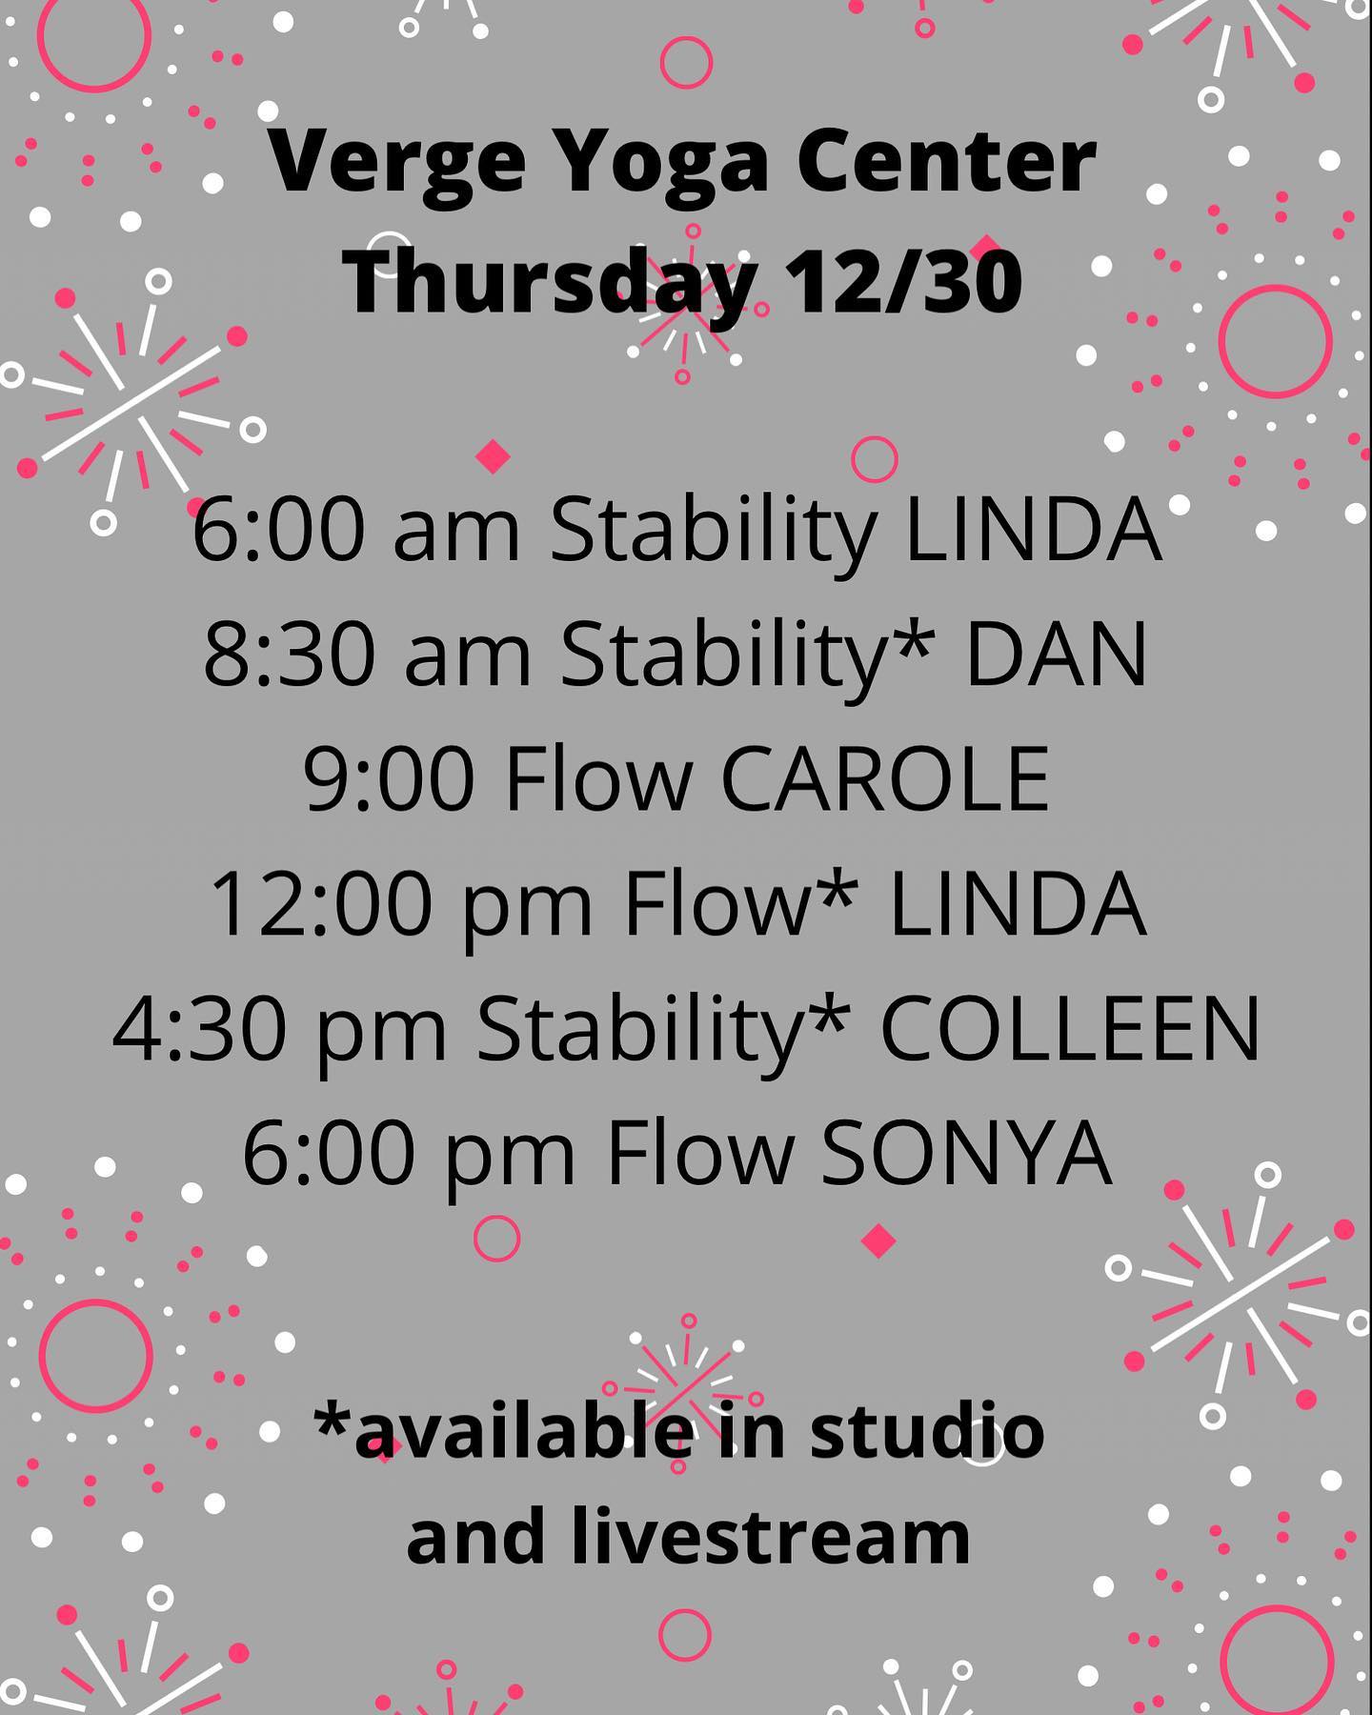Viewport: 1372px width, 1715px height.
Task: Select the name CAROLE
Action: coord(886,780)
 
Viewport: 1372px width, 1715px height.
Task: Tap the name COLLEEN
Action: coord(1070,1029)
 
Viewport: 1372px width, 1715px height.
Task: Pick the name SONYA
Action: coord(966,1154)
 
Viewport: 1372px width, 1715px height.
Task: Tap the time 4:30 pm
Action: coord(280,1029)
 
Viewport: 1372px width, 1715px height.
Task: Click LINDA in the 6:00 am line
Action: coord(1033,531)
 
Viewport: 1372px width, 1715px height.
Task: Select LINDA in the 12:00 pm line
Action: coord(1018,904)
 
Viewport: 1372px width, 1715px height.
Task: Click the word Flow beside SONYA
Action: coord(700,1154)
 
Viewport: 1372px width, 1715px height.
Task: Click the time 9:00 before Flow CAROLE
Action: coord(390,780)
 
